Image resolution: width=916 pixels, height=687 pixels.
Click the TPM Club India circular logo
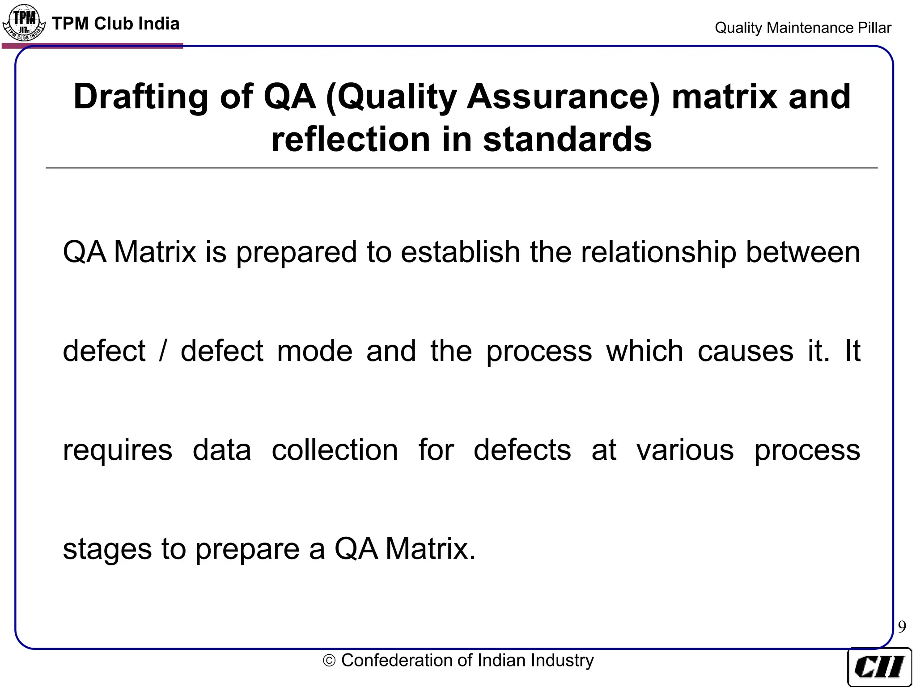coord(24,22)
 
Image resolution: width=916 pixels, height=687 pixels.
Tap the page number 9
coord(902,627)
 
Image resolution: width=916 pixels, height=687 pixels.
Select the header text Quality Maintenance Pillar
coord(803,28)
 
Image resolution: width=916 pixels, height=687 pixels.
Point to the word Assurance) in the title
coord(563,97)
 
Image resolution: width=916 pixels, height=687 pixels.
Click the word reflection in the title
coord(351,140)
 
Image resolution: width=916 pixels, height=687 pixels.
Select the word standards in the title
coord(567,140)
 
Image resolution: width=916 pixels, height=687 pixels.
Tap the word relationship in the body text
coord(658,252)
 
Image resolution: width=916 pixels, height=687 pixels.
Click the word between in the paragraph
coord(803,252)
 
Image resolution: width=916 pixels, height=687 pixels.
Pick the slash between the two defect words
coord(163,351)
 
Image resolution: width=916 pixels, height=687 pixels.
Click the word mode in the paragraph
coord(314,351)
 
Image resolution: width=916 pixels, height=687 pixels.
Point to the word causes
coord(745,351)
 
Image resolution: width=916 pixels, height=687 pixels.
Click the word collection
coord(335,450)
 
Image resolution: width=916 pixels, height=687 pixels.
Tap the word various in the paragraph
coord(685,450)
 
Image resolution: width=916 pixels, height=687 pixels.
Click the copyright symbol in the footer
coord(329,661)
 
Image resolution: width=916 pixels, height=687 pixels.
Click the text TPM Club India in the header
coord(115,24)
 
